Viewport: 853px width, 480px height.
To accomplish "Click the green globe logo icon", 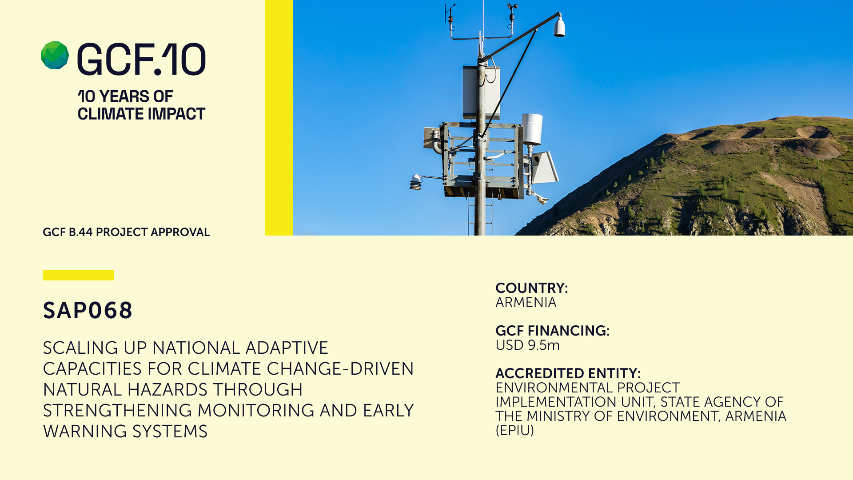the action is [55, 56].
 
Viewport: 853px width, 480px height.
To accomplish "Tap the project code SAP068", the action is [88, 310].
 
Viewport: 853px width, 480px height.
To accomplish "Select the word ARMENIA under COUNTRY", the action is [526, 303].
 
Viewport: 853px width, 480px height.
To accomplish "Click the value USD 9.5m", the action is [527, 345].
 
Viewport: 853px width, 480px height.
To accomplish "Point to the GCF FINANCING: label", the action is [552, 331].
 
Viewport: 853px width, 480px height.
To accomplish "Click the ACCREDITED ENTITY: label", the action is [568, 373].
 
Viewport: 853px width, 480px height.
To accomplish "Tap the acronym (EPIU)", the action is [514, 431].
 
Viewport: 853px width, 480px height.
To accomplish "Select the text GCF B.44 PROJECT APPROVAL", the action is [126, 232].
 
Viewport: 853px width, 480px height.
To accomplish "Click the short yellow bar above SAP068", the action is [78, 275].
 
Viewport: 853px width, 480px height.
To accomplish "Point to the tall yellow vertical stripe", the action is [279, 118].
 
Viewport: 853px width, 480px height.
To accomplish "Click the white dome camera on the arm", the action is [559, 26].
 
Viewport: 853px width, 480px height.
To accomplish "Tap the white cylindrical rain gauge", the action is [532, 129].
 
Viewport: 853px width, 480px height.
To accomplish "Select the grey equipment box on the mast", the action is [481, 92].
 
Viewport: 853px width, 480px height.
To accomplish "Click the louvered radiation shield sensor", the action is [415, 182].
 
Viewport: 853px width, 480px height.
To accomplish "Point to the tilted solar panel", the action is [546, 167].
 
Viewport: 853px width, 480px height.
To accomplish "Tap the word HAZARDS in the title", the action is [167, 390].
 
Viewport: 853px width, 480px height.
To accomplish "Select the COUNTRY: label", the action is [532, 288].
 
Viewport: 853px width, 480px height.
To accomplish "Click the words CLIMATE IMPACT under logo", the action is [141, 114].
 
